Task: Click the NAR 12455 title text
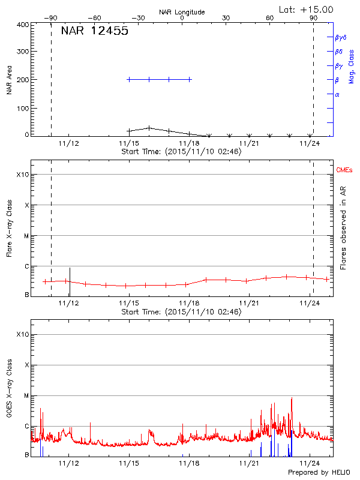coord(94,31)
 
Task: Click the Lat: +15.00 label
coord(307,9)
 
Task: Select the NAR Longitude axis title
coord(182,12)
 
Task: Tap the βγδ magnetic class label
coord(341,37)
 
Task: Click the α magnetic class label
coord(337,94)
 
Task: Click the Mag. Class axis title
coord(352,66)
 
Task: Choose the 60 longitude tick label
coord(270,19)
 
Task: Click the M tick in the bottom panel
coord(25,395)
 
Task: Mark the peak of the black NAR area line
coord(149,127)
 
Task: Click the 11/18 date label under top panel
coord(190,143)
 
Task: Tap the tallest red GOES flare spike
coord(292,398)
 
